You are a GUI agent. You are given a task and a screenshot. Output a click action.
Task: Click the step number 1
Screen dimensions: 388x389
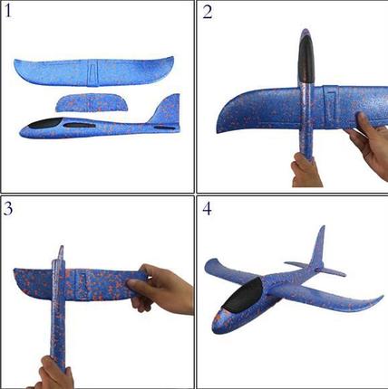point(8,12)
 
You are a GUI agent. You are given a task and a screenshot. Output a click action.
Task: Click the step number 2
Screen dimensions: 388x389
point(208,12)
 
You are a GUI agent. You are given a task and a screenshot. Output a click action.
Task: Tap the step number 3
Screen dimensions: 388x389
point(8,208)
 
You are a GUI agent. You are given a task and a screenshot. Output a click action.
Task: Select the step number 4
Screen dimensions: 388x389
point(207,208)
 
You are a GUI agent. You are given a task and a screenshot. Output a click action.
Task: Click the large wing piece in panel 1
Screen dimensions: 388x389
point(93,71)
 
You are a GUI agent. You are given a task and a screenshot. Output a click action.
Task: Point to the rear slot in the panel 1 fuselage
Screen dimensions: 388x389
point(164,128)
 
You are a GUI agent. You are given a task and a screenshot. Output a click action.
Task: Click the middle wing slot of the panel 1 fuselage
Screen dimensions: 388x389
point(80,125)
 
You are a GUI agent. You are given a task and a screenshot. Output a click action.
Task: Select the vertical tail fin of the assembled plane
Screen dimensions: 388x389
point(318,247)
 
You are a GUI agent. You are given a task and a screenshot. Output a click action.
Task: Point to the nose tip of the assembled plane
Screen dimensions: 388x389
point(215,328)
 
